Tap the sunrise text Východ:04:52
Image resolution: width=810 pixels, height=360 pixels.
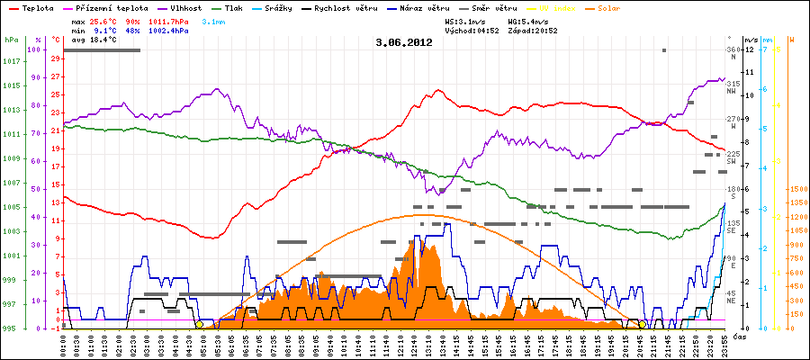pyautogui.click(x=472, y=30)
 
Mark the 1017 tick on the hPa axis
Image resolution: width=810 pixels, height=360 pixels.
pyautogui.click(x=10, y=61)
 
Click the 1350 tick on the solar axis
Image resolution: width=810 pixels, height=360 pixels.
pyautogui.click(x=797, y=203)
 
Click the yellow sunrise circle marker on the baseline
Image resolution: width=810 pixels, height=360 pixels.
pyautogui.click(x=199, y=324)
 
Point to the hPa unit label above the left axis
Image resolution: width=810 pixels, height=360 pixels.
pyautogui.click(x=10, y=40)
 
